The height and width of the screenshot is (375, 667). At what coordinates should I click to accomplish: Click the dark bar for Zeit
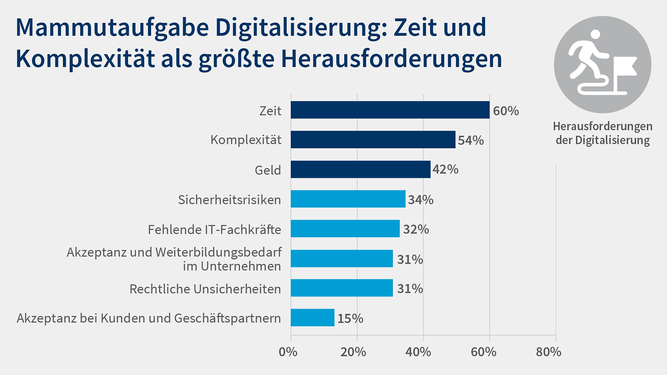pyautogui.click(x=390, y=110)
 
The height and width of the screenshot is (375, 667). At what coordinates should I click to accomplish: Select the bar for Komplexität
pyautogui.click(x=373, y=140)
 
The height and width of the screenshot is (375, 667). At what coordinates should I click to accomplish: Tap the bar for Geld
pyautogui.click(x=360, y=169)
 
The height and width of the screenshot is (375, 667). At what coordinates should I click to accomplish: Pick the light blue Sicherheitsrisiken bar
pyautogui.click(x=348, y=199)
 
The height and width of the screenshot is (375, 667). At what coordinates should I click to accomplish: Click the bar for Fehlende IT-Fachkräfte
pyautogui.click(x=345, y=228)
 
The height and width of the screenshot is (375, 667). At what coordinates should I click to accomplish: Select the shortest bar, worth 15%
pyautogui.click(x=312, y=317)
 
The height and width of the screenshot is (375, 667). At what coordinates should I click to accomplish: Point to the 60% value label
pyautogui.click(x=505, y=111)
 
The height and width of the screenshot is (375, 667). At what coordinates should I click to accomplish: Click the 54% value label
pyautogui.click(x=470, y=140)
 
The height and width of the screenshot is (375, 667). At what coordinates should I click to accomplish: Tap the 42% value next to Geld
pyautogui.click(x=445, y=169)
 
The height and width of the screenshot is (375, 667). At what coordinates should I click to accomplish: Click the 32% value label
pyautogui.click(x=415, y=230)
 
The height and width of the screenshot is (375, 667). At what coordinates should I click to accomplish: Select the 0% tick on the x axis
pyautogui.click(x=288, y=352)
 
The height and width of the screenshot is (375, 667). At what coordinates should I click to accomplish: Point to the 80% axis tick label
pyautogui.click(x=548, y=352)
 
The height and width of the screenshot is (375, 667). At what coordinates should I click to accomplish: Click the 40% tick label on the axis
pyautogui.click(x=418, y=352)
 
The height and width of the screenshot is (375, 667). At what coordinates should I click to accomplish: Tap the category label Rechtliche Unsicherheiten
pyautogui.click(x=205, y=289)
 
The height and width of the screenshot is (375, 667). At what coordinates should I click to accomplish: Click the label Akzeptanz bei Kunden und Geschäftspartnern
pyautogui.click(x=149, y=318)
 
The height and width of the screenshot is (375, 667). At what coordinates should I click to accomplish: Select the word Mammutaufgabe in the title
pyautogui.click(x=112, y=28)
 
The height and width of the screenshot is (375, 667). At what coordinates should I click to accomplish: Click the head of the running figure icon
pyautogui.click(x=595, y=35)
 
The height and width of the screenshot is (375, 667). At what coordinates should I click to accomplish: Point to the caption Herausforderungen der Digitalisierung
pyautogui.click(x=602, y=133)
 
